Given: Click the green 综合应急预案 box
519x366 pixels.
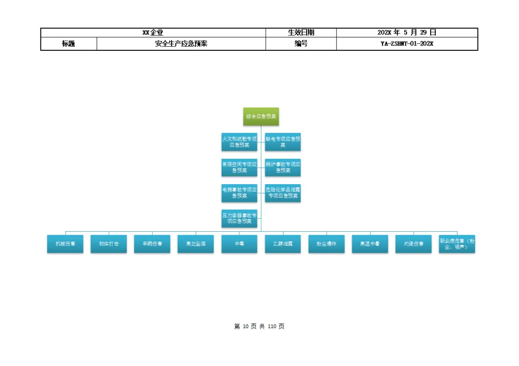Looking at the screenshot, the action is click(x=261, y=117).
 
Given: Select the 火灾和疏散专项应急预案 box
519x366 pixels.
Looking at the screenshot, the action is click(x=239, y=142).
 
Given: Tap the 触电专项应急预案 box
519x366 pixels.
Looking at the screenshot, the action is click(x=283, y=142).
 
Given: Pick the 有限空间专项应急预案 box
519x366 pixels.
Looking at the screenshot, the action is click(x=239, y=167).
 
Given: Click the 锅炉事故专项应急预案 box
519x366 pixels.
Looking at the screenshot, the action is click(x=283, y=167).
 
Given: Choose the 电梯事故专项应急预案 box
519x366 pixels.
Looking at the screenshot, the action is click(x=239, y=193).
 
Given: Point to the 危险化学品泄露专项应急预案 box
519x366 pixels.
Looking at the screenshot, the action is click(x=283, y=193).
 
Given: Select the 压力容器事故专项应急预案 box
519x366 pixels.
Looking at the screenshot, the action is click(x=239, y=218).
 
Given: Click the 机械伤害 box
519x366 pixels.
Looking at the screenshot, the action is click(x=65, y=244).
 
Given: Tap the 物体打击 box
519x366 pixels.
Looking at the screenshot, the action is click(x=109, y=244).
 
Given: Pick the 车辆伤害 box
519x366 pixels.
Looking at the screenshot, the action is click(x=152, y=244).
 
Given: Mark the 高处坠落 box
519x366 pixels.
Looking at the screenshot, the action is click(x=196, y=244).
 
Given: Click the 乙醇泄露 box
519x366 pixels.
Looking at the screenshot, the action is click(x=283, y=244).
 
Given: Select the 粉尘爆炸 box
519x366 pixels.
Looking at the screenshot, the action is click(x=326, y=244).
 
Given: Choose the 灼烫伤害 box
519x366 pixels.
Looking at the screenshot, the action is click(x=413, y=244).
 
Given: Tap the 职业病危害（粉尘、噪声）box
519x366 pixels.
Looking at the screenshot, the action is click(x=457, y=244).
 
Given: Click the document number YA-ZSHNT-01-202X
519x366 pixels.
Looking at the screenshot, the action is click(x=407, y=44).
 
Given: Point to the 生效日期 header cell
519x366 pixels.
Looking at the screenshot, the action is click(x=301, y=33).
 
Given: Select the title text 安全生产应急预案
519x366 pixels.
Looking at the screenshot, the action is click(x=181, y=44).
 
